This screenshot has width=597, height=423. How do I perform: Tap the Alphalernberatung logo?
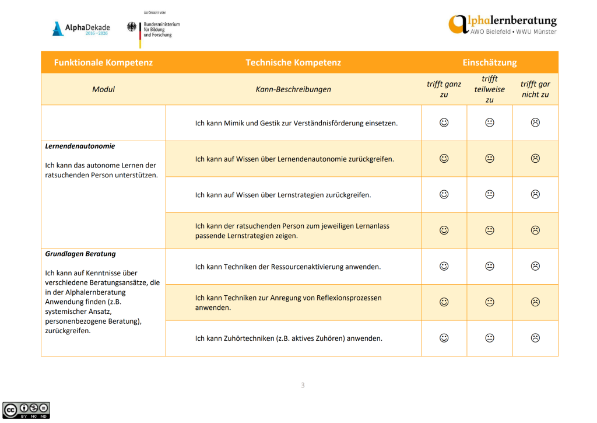[x=503, y=25]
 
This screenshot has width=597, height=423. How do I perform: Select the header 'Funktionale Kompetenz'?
[x=103, y=62]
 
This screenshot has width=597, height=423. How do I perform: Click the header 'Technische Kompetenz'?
[x=293, y=62]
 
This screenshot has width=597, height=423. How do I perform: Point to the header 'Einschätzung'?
[x=490, y=62]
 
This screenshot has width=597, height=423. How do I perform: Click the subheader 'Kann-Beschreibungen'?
[x=293, y=89]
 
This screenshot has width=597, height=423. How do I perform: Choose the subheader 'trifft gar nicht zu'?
[x=535, y=89]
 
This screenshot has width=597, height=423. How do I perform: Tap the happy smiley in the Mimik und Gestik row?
[x=444, y=123]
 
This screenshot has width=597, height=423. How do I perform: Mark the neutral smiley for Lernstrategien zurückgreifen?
[x=490, y=194]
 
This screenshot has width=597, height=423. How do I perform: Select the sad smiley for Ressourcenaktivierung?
[x=535, y=266]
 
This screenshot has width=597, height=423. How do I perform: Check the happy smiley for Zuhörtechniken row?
[x=444, y=338]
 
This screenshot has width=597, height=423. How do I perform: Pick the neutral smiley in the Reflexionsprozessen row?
[x=490, y=302]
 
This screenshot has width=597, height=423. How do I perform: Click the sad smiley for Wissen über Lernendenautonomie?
[x=535, y=158]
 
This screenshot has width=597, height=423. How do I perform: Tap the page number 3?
[x=303, y=385]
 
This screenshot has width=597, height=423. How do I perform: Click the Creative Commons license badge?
[x=26, y=410]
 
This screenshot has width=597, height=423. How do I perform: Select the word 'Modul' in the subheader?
[x=103, y=89]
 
